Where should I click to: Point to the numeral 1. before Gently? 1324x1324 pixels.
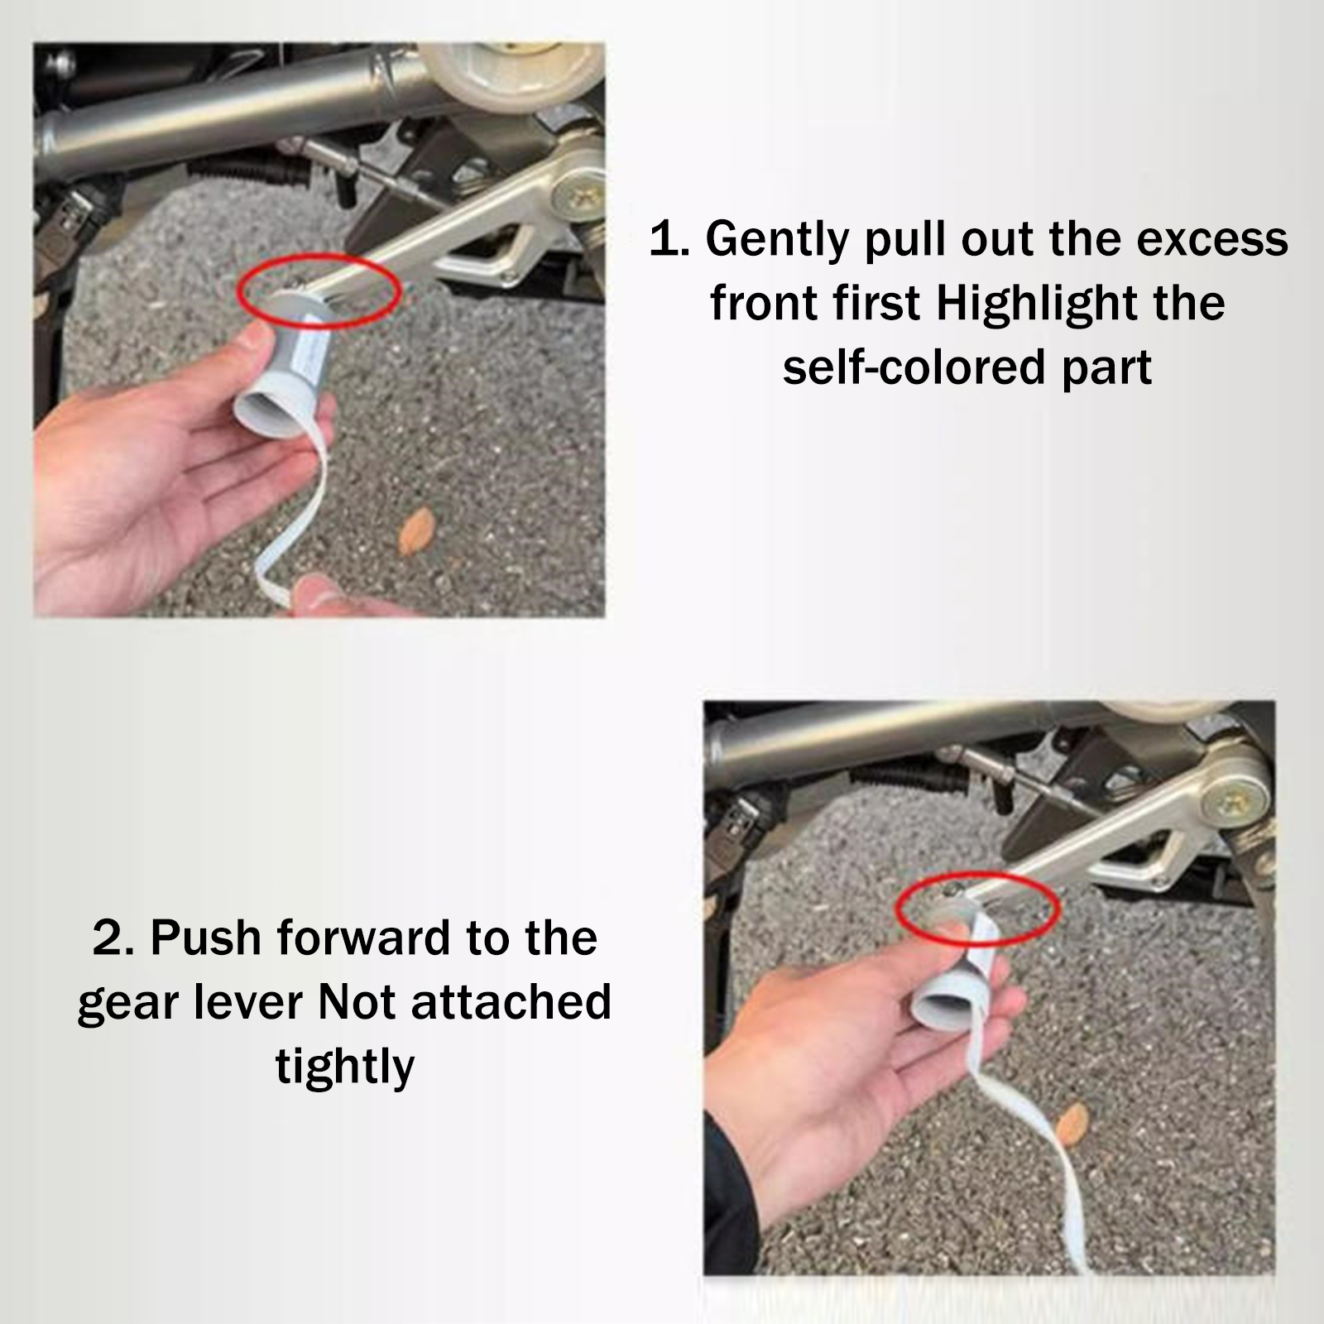tap(669, 239)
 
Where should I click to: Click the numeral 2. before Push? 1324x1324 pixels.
tap(119, 938)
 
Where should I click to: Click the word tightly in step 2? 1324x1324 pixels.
tap(345, 1067)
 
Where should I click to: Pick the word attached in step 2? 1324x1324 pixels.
tap(511, 1002)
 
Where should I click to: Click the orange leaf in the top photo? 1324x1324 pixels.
tap(418, 530)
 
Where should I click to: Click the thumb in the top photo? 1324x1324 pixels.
tap(257, 348)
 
